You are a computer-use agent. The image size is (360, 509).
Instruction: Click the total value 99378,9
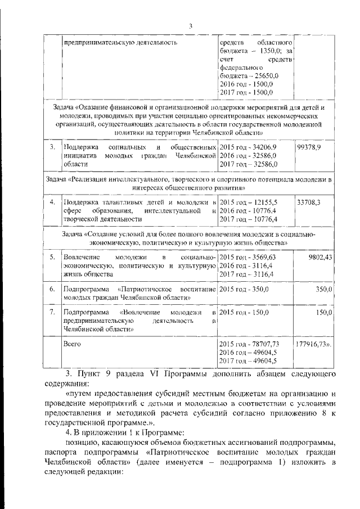[x=309, y=147]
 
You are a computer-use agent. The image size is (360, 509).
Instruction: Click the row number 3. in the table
[x=52, y=147]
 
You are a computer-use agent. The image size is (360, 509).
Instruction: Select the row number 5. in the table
[x=52, y=257]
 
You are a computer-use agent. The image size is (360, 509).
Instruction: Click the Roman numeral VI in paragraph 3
[x=150, y=373]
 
